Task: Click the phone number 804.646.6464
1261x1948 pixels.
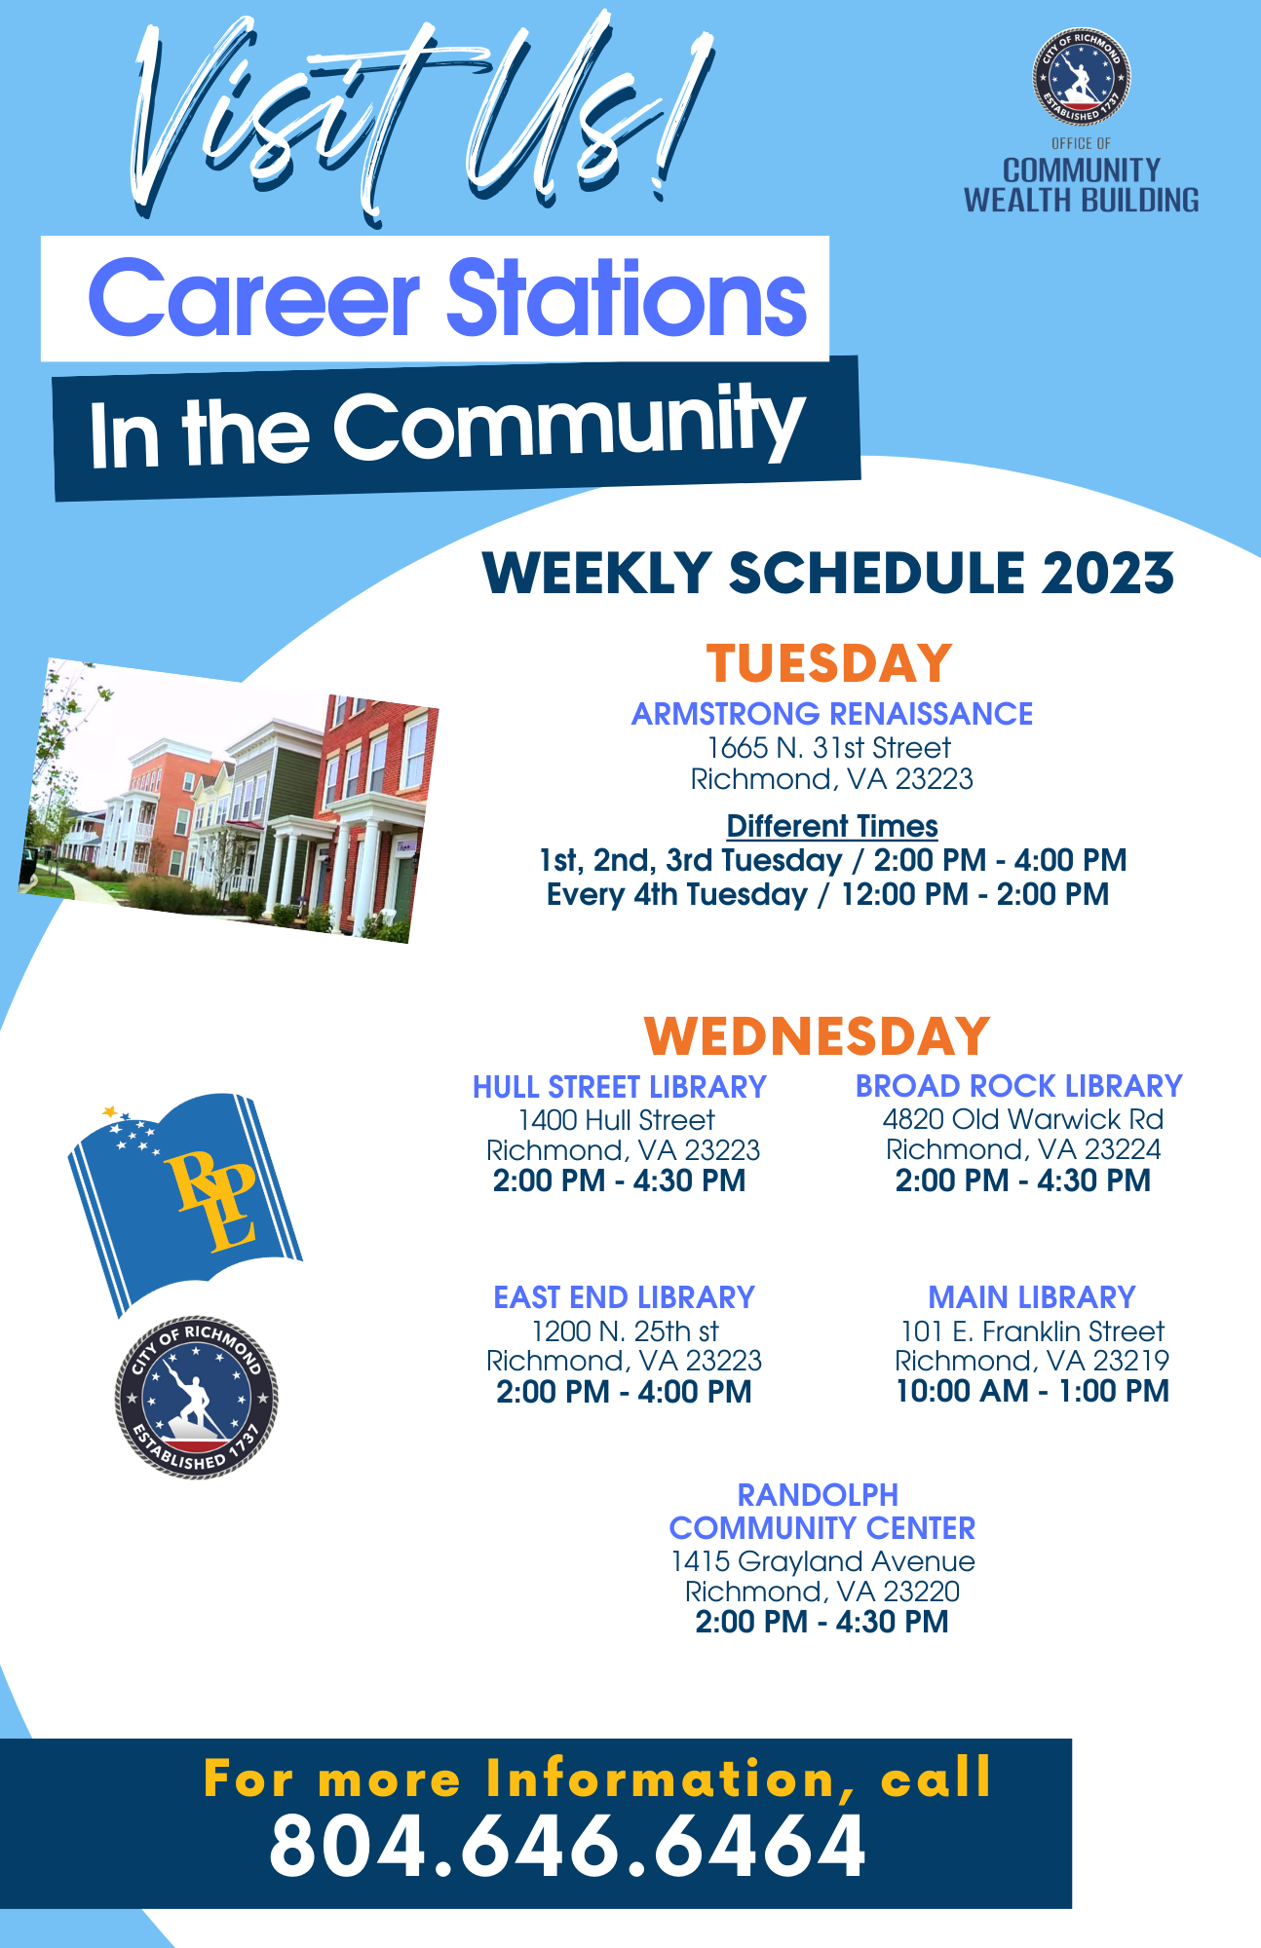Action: click(567, 1846)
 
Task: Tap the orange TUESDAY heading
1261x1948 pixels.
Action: click(829, 663)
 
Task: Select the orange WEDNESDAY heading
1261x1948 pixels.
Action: click(817, 1035)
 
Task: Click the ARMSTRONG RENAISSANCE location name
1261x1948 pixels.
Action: click(832, 714)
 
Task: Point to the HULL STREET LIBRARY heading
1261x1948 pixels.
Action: click(620, 1087)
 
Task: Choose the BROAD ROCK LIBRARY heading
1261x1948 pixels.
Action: click(1019, 1086)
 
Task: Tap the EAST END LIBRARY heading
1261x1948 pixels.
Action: click(625, 1297)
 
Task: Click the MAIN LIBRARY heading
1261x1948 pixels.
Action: click(1032, 1297)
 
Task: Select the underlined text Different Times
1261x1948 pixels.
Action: click(832, 827)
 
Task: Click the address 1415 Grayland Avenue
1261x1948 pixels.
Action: click(822, 1561)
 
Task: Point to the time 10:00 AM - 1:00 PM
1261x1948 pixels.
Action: click(1032, 1391)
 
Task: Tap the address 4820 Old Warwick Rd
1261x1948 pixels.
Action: click(1023, 1119)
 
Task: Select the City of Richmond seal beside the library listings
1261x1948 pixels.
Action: click(197, 1399)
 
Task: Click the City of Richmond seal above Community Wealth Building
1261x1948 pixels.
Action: click(1082, 76)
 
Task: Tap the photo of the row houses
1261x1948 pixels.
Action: click(229, 801)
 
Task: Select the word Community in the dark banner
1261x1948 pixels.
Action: click(570, 425)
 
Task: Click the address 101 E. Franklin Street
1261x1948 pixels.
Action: click(1032, 1331)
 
